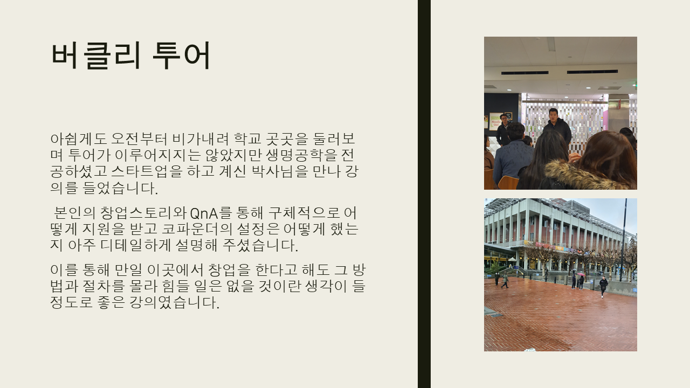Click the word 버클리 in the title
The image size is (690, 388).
click(x=96, y=56)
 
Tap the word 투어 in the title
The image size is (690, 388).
click(x=182, y=56)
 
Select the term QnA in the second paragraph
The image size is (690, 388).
click(x=204, y=213)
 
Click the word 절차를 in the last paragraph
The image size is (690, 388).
click(x=103, y=286)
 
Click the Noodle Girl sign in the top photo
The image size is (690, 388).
click(x=495, y=122)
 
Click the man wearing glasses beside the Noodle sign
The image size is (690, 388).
click(x=503, y=130)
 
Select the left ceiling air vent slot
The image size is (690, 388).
click(x=525, y=73)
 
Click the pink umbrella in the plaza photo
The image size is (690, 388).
click(x=581, y=274)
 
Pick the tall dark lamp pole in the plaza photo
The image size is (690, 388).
click(x=624, y=240)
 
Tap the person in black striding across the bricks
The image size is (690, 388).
click(x=603, y=287)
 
